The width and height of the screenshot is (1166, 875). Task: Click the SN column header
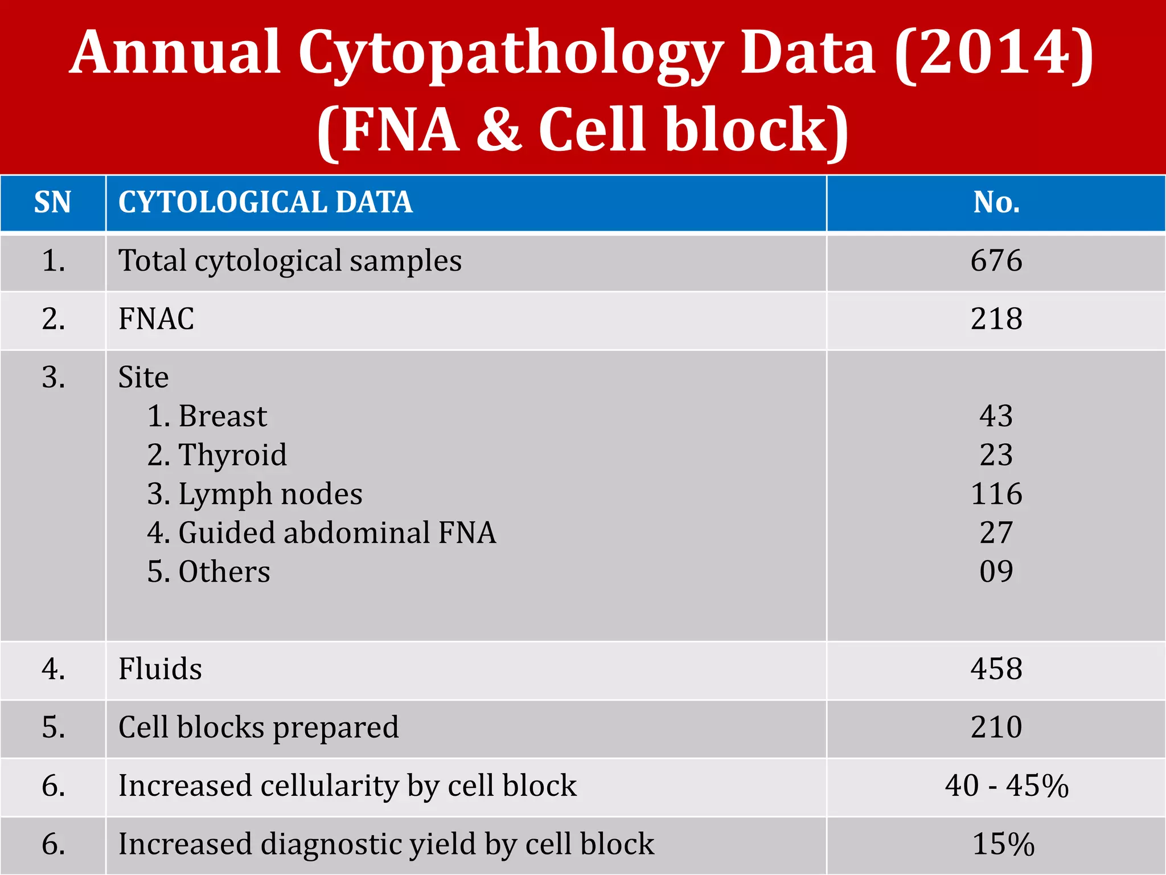(52, 202)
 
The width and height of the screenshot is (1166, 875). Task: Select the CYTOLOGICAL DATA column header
(265, 202)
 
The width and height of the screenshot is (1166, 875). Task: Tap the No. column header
(996, 202)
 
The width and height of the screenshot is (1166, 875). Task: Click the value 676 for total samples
(996, 261)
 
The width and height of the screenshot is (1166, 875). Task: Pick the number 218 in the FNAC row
(996, 319)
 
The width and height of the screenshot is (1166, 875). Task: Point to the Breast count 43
(996, 416)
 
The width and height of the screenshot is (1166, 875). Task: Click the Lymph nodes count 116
(996, 494)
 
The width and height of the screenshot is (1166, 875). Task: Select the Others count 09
(996, 571)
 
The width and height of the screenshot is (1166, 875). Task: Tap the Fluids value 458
(996, 669)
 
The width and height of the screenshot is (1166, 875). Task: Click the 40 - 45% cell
(1007, 786)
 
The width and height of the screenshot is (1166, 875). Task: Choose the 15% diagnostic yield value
(1003, 844)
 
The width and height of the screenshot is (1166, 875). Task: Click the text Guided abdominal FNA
(337, 533)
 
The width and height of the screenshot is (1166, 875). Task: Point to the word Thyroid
(232, 455)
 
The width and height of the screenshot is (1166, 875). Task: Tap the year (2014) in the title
(993, 52)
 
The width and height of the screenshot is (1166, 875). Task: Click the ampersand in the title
(499, 130)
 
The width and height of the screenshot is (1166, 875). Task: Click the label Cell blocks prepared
(258, 727)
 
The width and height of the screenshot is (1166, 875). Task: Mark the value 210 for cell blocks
(996, 727)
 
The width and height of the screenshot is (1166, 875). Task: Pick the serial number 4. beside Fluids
(53, 669)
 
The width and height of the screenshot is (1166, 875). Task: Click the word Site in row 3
(143, 377)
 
